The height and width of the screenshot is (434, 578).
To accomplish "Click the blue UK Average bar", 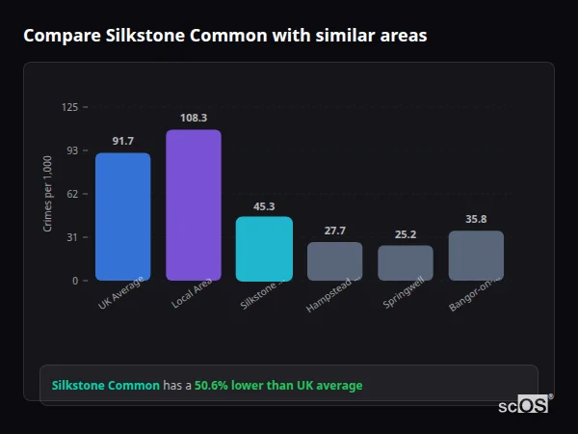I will pos(122,217).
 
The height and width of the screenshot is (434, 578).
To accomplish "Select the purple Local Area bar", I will pos(193,205).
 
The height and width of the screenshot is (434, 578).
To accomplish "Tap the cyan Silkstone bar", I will pos(264,249).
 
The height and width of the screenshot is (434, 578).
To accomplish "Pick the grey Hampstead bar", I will pos(334,261).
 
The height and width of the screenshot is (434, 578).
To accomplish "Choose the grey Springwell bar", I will pos(406,263).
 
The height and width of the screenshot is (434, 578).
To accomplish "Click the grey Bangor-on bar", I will pos(476,256).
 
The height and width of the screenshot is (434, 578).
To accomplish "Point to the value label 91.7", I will pos(122,142).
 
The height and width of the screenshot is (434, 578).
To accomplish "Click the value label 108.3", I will pos(193,118).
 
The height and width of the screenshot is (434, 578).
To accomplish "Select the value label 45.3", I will pos(264,206).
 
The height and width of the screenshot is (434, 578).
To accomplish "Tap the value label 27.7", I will pos(334,231).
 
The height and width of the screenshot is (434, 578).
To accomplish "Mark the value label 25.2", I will pos(406,234).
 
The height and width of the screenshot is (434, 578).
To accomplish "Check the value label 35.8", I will pos(476,219).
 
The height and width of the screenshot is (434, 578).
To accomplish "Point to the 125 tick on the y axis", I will pos(69,107).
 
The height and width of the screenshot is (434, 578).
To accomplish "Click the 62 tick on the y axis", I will pos(72,194).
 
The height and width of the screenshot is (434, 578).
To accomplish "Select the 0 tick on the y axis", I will pos(75,281).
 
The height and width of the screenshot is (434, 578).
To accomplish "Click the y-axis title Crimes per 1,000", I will pos(48,194).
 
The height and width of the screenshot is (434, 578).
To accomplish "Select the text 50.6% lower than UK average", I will pos(278,386).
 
